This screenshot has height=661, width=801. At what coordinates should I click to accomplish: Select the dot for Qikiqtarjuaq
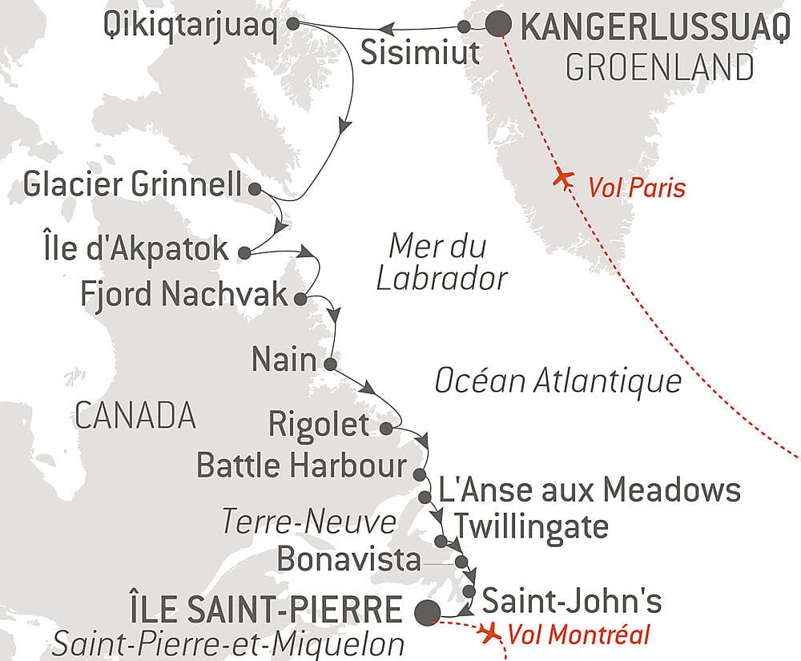coord(293,24)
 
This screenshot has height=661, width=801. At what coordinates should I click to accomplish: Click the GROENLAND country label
coord(659,67)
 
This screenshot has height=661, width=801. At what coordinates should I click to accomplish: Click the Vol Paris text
coord(637,188)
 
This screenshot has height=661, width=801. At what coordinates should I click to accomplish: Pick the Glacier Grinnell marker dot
coord(255,189)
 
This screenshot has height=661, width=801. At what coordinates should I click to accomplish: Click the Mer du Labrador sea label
coord(442,261)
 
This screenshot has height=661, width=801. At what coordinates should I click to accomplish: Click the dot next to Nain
coord(329,364)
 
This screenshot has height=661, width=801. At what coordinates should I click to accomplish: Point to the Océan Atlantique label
coord(558,381)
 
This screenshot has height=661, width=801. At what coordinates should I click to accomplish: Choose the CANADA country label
coord(135,415)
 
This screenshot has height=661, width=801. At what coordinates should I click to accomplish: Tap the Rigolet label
coord(320,425)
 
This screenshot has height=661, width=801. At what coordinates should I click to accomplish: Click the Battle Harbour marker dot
coord(418,474)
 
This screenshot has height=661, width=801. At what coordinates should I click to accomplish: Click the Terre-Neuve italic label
coord(309,522)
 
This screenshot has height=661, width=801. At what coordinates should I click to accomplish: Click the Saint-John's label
coord(573,599)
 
